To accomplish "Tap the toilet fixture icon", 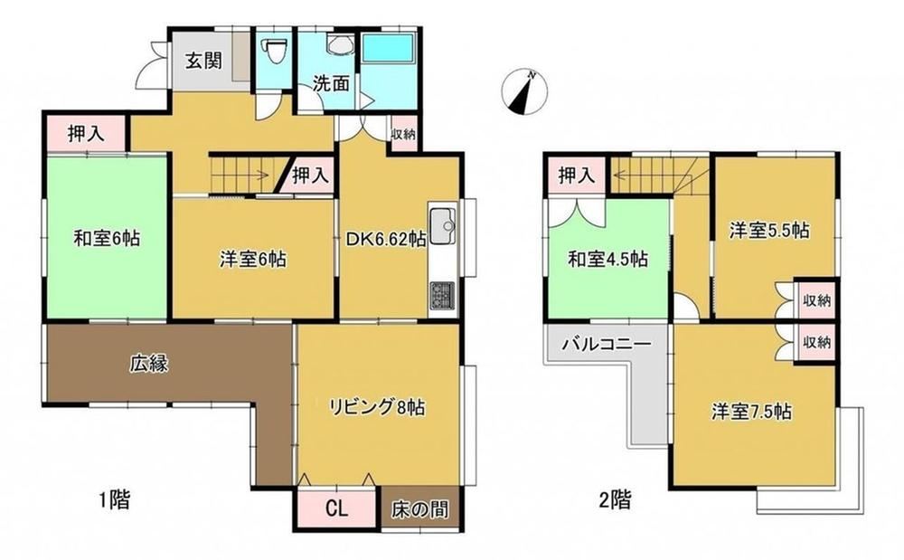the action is tap(275, 52).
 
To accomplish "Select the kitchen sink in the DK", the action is tap(443, 227).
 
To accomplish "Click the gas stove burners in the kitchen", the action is tap(443, 297).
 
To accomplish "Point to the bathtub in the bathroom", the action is tap(389, 48).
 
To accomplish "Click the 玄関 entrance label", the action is tap(203, 60).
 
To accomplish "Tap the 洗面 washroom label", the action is tap(331, 83).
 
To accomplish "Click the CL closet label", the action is tap(337, 509).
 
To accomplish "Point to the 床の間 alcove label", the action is tap(419, 509).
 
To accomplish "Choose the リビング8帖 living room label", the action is tap(377, 407).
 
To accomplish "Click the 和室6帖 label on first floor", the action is tap(107, 238).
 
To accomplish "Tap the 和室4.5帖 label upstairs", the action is tap(607, 259).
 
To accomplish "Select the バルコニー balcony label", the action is tap(607, 345).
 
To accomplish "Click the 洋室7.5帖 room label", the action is tap(751, 412).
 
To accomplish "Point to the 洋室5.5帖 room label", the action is tap(769, 231).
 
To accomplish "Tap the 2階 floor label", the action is tap(615, 499).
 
